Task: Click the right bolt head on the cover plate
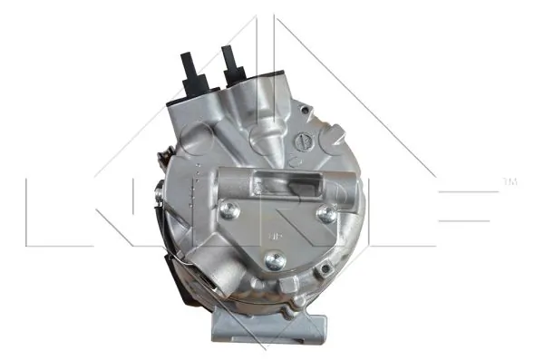(325, 214)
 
